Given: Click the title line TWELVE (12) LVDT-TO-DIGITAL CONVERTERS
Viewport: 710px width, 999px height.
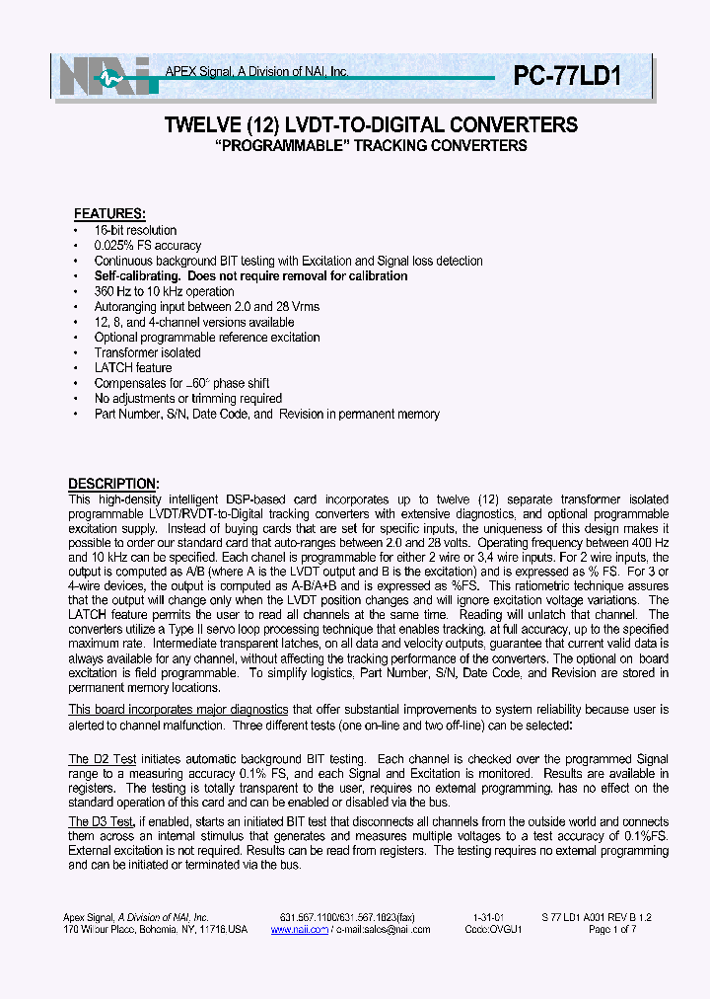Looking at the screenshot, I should coord(371,125).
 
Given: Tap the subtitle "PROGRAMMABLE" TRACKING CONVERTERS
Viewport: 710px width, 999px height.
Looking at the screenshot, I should coord(371,146).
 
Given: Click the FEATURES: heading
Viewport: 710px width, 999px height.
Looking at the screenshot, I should coord(110,214).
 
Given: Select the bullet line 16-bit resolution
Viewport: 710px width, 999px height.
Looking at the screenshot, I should coord(135,230).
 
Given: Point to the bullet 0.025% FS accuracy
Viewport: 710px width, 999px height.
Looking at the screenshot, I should coord(147,246).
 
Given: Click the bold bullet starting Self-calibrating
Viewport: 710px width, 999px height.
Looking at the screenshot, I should coord(250,276).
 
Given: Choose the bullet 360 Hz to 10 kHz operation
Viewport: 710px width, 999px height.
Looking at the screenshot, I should coord(164,291).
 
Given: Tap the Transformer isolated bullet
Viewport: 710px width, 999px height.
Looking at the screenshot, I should coord(147,352).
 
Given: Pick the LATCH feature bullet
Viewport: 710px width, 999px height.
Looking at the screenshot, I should coord(132,367).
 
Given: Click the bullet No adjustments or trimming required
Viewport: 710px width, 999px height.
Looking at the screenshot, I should coord(187,399).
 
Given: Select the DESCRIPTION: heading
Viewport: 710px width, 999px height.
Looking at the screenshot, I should coord(112,484).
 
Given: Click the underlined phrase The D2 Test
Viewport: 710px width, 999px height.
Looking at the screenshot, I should coord(102,759).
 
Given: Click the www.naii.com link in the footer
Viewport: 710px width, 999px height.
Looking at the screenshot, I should coord(308,929).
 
